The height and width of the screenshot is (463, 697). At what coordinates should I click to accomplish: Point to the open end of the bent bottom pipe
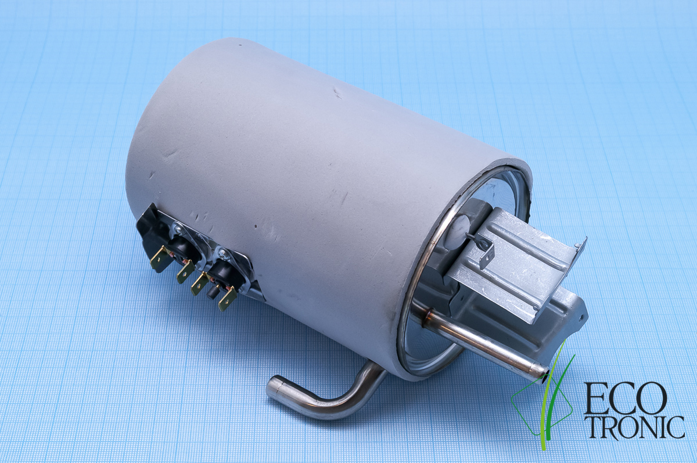(273, 392)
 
